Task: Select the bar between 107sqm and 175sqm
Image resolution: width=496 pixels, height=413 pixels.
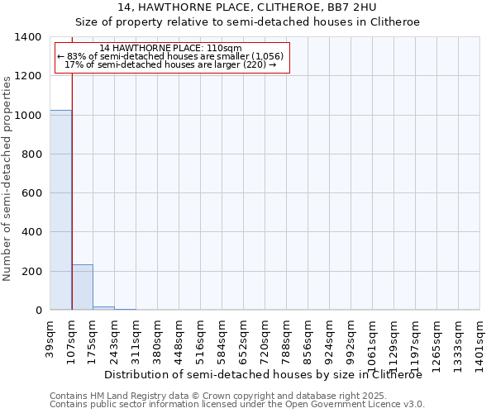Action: [x=83, y=287]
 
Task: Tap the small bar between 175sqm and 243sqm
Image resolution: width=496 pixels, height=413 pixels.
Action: [x=104, y=308]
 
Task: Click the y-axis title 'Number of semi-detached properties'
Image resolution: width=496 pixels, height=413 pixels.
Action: [x=8, y=178]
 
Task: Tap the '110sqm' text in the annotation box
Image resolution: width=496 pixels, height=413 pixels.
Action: [x=223, y=49]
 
